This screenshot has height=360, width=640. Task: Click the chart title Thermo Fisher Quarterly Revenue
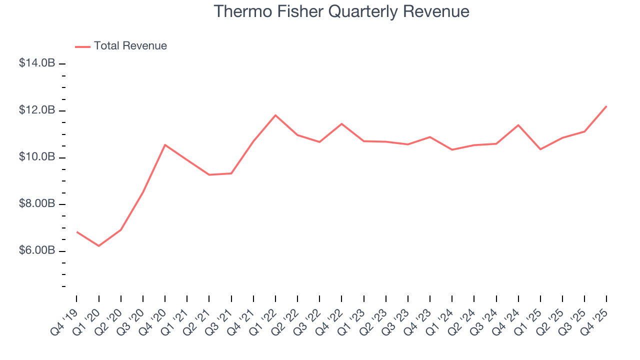[x=341, y=11]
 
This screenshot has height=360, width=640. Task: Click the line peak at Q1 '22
[x=275, y=115]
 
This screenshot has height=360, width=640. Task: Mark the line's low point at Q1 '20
[x=99, y=246]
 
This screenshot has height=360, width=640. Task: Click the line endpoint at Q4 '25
[x=606, y=106]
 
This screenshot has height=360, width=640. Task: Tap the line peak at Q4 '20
[x=165, y=145]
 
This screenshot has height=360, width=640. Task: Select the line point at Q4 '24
[x=518, y=125]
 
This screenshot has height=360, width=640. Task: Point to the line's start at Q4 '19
[x=77, y=232]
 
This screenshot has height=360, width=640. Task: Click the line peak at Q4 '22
[x=341, y=123]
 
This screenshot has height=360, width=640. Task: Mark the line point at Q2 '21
[x=209, y=174]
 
